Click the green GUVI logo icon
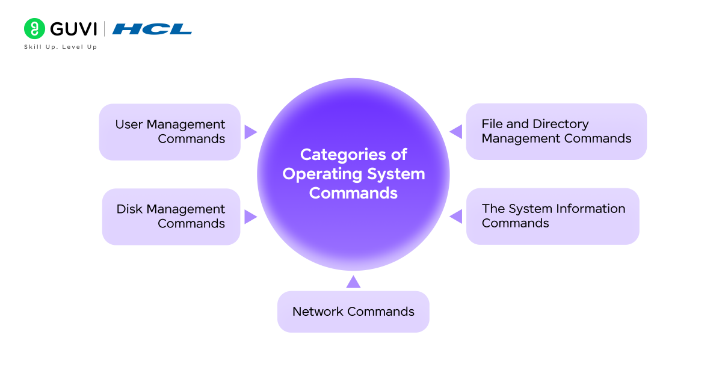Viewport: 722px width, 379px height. coord(34,28)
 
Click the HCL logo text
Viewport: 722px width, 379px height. coord(152,29)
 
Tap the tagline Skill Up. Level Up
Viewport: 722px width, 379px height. coord(60,47)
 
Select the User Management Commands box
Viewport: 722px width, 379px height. coord(170,132)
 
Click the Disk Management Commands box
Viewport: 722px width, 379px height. coord(171,217)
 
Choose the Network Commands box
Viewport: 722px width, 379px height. coord(353,312)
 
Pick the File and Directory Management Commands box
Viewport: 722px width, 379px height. coord(556,131)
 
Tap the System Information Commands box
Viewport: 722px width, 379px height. coord(552,216)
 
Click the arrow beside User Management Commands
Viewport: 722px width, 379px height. coord(250,132)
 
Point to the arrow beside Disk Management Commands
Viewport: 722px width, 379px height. coord(250,217)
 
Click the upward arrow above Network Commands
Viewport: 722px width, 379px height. coord(353,282)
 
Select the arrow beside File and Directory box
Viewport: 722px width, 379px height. coord(456,132)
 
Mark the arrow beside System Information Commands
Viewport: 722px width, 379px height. coord(456,216)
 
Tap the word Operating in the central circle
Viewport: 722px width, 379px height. coord(315,174)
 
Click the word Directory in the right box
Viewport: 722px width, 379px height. coord(561,124)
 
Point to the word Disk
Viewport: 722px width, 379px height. coord(129,209)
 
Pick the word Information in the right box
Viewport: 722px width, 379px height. coord(593,209)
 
